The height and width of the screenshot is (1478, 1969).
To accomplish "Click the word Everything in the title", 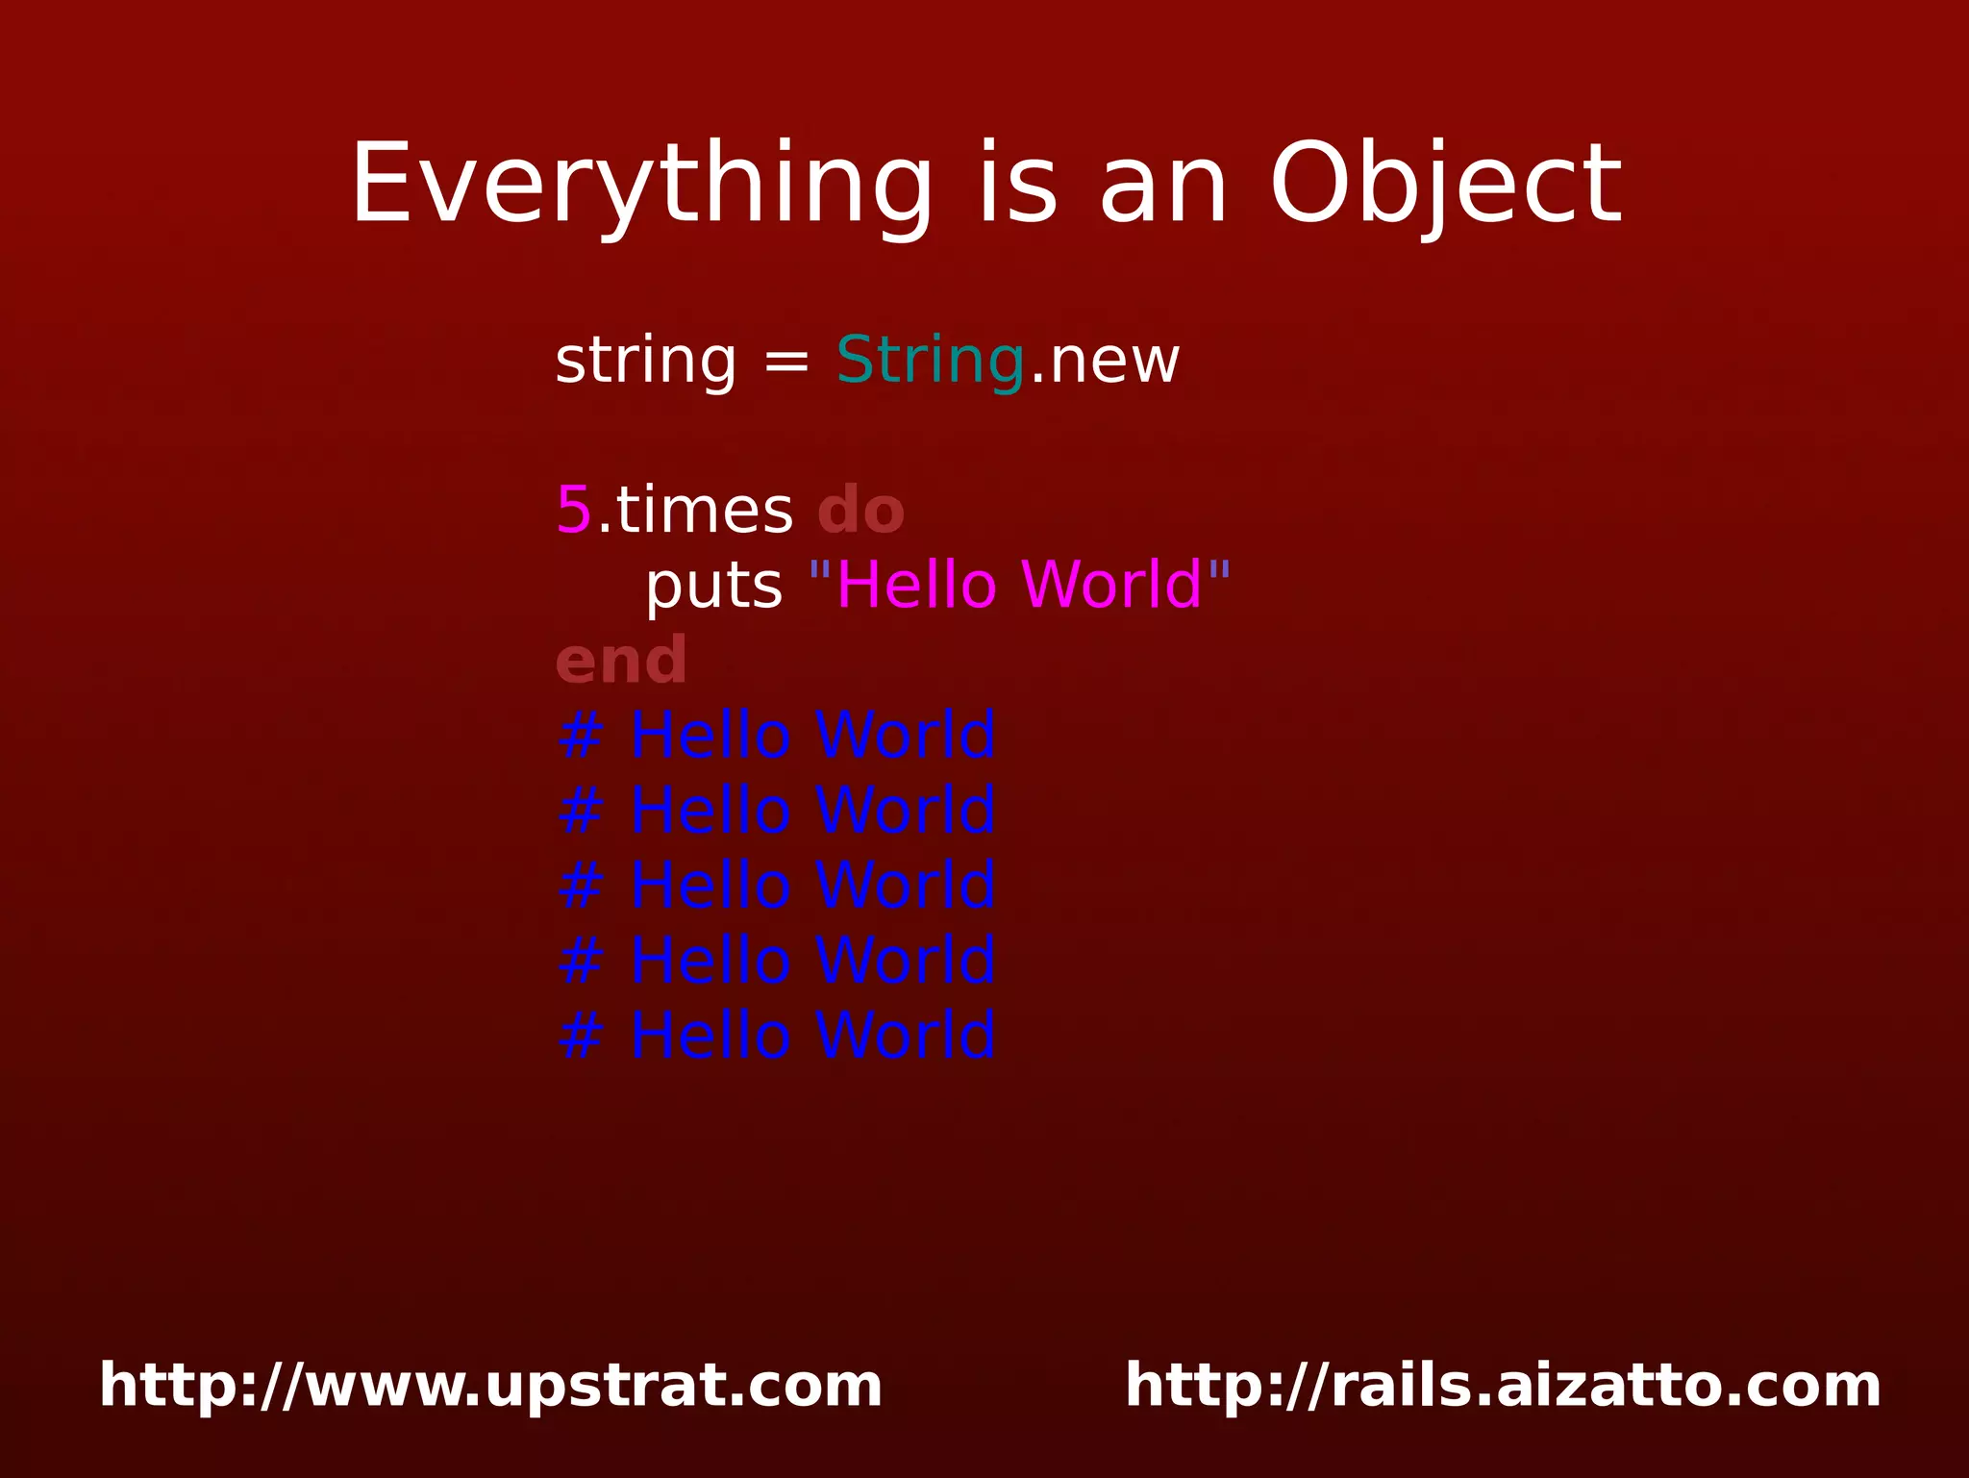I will (x=642, y=185).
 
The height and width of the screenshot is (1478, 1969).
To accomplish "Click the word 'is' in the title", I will (x=1017, y=185).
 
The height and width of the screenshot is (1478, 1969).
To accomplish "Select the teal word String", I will (x=930, y=362).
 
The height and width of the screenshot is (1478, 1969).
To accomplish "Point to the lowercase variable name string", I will (x=645, y=362).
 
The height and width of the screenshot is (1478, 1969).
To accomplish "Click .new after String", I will (x=1105, y=362).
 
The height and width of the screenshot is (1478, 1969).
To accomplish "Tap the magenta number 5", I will (x=574, y=510).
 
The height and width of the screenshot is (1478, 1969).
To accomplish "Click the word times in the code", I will (x=703, y=510).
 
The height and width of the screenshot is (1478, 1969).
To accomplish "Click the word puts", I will (x=713, y=587).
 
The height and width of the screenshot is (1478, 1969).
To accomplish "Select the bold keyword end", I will (x=621, y=661).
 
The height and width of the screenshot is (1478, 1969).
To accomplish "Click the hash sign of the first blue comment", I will (x=581, y=736).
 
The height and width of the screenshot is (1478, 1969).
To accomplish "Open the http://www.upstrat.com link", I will (x=490, y=1386).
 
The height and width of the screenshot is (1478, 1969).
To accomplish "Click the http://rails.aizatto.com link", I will (x=1503, y=1386).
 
